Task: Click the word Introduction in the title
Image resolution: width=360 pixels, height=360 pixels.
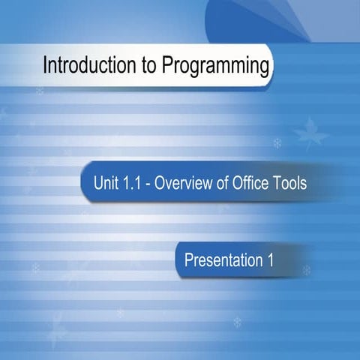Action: pyautogui.click(x=83, y=66)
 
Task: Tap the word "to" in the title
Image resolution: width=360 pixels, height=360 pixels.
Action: pyautogui.click(x=136, y=66)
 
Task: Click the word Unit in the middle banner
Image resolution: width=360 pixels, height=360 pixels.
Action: pyautogui.click(x=106, y=182)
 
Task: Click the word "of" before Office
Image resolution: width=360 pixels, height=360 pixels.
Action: pyautogui.click(x=223, y=182)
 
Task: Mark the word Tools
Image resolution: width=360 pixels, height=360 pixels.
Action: pyautogui.click(x=291, y=182)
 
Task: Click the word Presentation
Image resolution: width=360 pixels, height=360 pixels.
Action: pyautogui.click(x=219, y=261)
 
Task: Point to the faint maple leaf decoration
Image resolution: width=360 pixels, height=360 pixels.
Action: pyautogui.click(x=310, y=134)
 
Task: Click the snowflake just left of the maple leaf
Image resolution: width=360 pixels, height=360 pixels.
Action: pyautogui.click(x=277, y=142)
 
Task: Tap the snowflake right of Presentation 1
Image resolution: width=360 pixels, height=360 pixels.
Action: pyautogui.click(x=306, y=270)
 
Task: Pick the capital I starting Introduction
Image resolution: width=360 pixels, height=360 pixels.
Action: pyautogui.click(x=46, y=66)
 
